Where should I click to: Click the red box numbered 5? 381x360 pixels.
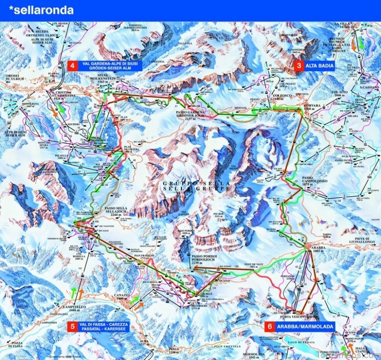[72, 327]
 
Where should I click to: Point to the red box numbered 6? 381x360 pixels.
[270, 327]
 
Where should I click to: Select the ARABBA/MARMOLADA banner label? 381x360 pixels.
[305, 327]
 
